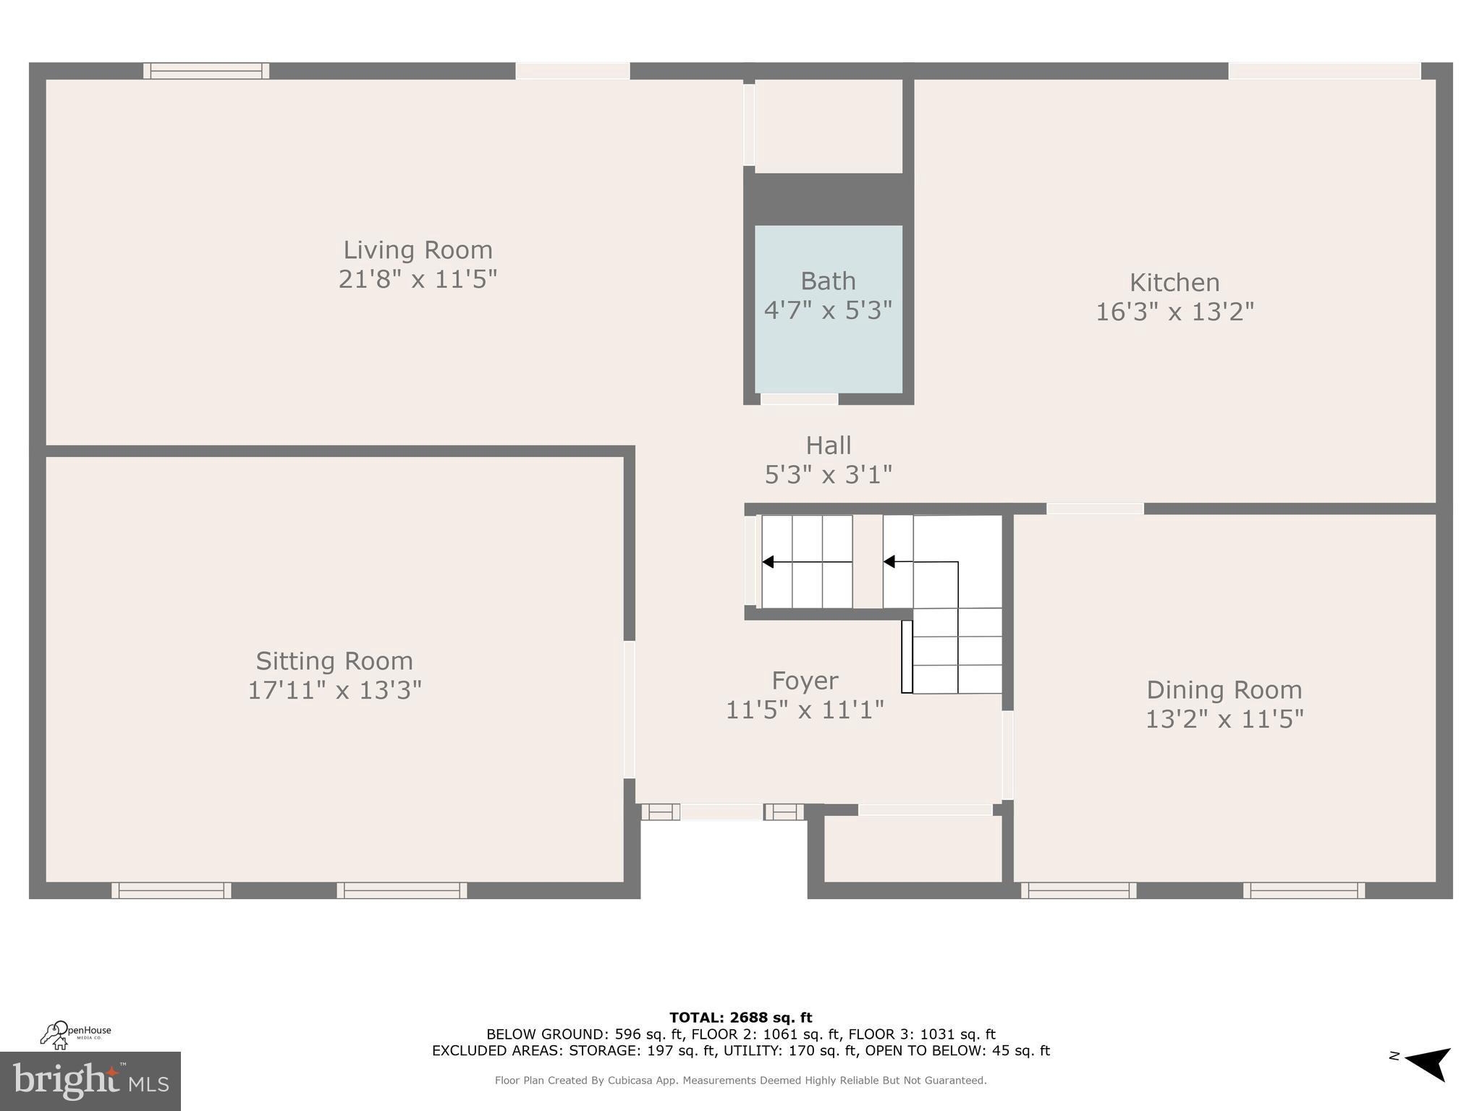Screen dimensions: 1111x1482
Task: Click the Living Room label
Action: point(418,250)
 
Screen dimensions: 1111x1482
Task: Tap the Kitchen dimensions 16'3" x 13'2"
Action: point(1174,312)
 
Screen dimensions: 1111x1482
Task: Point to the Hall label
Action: point(828,445)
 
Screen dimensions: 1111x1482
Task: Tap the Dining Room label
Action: point(1224,689)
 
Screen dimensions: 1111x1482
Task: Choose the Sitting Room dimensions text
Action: point(334,690)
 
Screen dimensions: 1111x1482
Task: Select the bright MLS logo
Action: point(90,1081)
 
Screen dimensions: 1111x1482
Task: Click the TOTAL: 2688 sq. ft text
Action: point(740,1018)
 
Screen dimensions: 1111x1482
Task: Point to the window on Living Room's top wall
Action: point(206,71)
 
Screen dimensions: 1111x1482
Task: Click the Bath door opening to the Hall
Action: point(799,399)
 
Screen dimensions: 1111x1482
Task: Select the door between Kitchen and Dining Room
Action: point(1095,509)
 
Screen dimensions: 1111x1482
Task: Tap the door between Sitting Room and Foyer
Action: point(630,710)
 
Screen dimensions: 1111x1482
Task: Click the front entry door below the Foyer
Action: point(721,812)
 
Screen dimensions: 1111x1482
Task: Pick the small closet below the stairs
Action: point(913,849)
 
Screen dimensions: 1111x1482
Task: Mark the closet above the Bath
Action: point(829,126)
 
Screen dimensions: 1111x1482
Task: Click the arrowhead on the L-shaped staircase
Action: point(889,562)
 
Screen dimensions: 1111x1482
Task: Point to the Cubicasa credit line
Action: point(740,1081)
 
